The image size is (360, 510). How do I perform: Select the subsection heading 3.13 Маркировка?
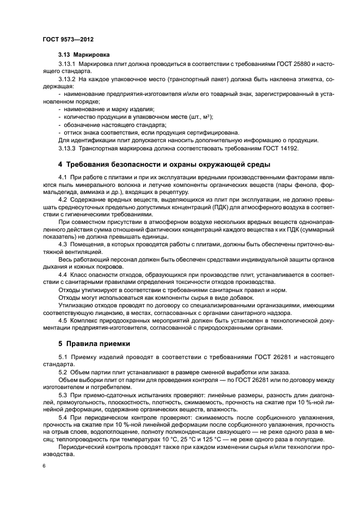(x=84, y=55)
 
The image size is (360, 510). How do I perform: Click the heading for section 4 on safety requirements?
(x=163, y=165)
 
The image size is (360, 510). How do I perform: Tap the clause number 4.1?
(x=62, y=178)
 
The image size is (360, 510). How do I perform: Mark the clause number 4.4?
(x=62, y=274)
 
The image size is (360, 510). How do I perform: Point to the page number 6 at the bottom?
(x=44, y=466)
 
